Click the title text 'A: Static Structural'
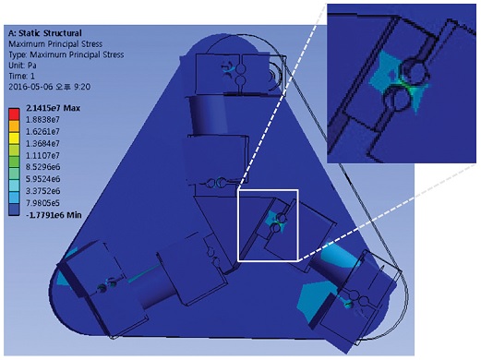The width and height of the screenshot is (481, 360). coord(45,33)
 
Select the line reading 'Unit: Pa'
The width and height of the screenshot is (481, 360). coord(22,66)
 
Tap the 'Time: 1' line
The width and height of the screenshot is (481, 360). coord(21,76)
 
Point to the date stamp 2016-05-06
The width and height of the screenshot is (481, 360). coord(30,87)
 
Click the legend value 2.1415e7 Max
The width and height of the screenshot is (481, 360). coord(54,108)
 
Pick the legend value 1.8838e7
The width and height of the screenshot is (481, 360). coord(42,119)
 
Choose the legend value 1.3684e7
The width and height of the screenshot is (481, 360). coord(42,143)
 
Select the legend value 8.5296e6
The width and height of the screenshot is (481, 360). coord(43,167)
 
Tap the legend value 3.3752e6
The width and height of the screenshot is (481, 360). coord(43,191)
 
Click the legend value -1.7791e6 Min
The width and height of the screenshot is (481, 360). coord(54,215)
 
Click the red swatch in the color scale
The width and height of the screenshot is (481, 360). coord(14,114)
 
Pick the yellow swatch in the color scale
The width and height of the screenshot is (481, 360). coord(14,138)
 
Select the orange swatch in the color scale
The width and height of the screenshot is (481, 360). coord(14,126)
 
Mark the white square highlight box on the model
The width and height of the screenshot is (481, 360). coord(268,190)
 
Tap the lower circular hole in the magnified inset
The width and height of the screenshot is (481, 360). coord(398,99)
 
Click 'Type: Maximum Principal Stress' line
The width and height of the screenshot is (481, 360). coord(66,54)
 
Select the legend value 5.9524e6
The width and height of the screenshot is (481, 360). coord(43,179)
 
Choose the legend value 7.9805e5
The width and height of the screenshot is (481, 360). coord(43,203)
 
